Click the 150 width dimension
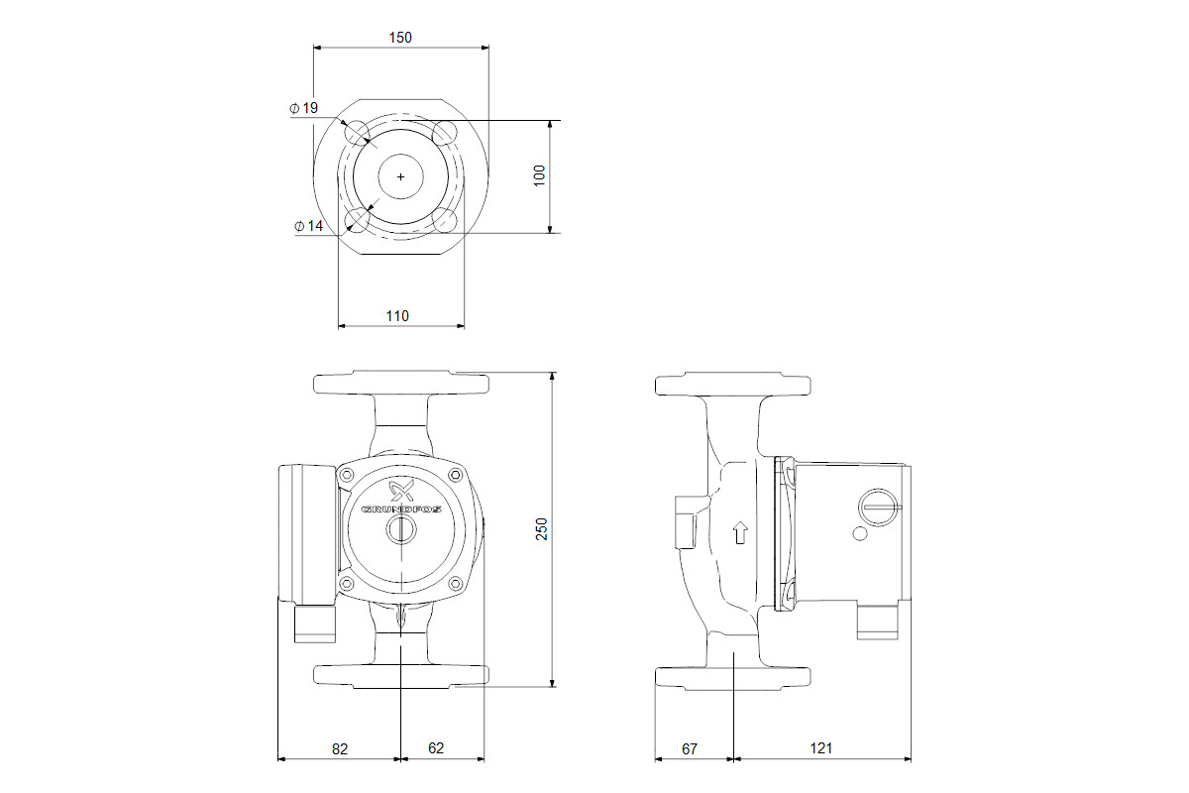(x=400, y=38)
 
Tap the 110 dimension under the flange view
(x=397, y=316)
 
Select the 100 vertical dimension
(x=539, y=175)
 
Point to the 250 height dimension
(x=541, y=529)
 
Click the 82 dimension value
(x=340, y=749)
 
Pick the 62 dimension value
(x=436, y=747)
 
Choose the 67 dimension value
(x=690, y=749)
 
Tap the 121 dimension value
(x=821, y=748)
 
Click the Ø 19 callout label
(x=303, y=108)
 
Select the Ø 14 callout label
(x=309, y=226)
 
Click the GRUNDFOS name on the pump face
(x=401, y=510)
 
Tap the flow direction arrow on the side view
(x=740, y=532)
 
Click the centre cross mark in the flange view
(x=400, y=176)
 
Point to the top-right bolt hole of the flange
(x=445, y=133)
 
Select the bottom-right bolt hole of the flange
(x=445, y=220)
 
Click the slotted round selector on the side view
(x=879, y=508)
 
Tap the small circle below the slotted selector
(x=860, y=534)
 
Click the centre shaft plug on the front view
(x=401, y=530)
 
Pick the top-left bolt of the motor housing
(x=347, y=475)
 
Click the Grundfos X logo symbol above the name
(x=402, y=490)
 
